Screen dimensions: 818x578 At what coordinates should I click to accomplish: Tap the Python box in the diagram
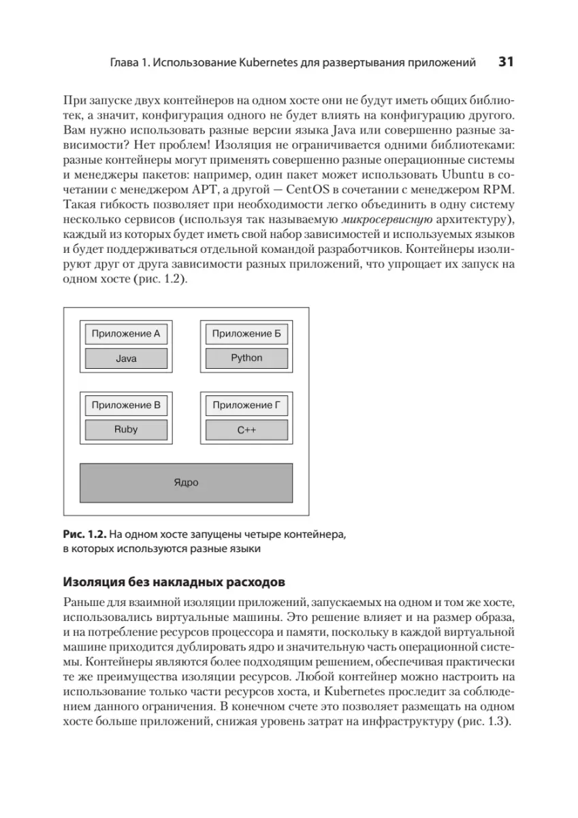[246, 358]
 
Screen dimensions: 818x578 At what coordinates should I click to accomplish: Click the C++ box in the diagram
[246, 431]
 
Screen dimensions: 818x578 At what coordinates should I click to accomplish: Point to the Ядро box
[186, 483]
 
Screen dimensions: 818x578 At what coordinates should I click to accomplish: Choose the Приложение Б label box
[246, 334]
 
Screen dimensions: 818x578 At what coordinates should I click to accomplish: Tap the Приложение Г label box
[246, 406]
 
